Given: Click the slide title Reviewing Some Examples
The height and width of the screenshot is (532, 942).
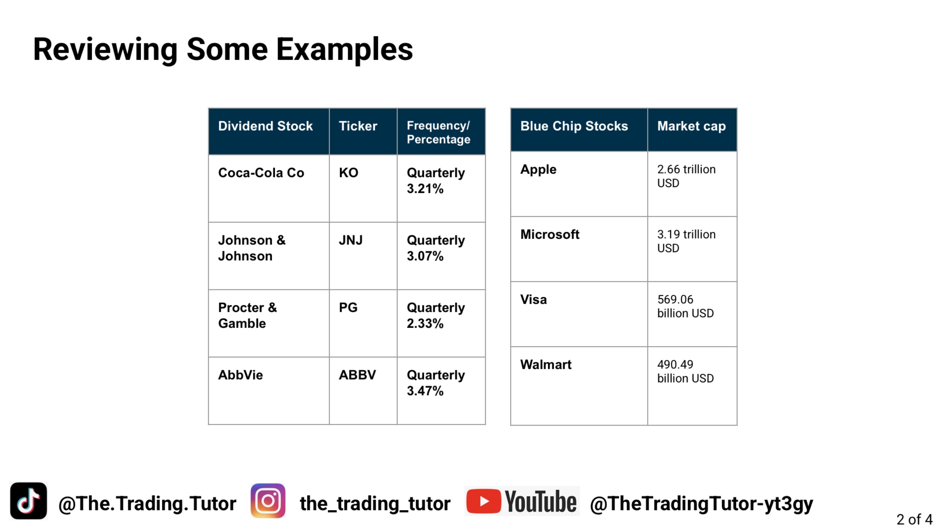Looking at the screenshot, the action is point(223,50).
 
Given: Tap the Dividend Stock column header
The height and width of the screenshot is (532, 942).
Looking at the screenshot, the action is point(265,126).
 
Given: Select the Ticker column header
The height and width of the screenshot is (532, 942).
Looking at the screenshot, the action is point(358,126).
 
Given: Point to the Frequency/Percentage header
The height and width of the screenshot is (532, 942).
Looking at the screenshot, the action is point(438,132).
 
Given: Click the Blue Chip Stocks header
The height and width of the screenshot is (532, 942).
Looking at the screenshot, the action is point(574,126).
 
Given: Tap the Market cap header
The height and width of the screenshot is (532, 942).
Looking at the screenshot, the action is point(691,126).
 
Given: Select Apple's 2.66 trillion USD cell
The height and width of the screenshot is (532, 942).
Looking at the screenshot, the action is point(686,176).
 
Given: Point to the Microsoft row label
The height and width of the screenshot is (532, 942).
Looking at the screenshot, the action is point(550,234).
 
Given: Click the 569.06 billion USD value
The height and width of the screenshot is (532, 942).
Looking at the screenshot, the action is point(685,306).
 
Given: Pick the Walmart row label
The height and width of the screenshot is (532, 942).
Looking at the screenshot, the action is point(546,364).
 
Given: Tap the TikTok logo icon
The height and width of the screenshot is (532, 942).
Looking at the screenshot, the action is point(29,501).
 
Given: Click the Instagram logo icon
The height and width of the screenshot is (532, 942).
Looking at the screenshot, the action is point(268,501).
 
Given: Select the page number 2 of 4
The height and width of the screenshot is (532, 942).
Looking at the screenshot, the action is point(915,519).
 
